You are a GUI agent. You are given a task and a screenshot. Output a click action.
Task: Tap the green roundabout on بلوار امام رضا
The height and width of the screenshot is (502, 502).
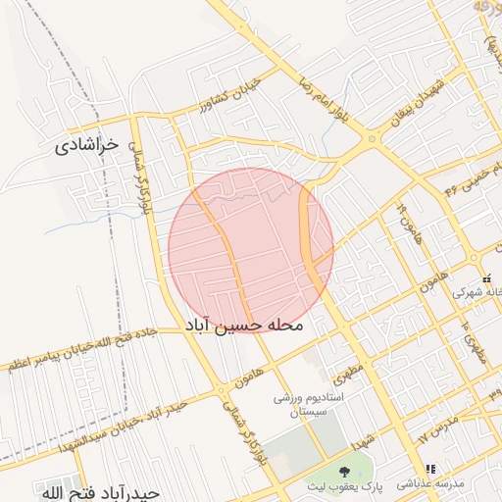click(371, 139)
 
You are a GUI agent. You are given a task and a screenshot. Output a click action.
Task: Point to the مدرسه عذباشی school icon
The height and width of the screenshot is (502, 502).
click(430, 470)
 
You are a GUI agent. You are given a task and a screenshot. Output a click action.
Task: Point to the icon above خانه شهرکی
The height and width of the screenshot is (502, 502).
click(486, 278)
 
